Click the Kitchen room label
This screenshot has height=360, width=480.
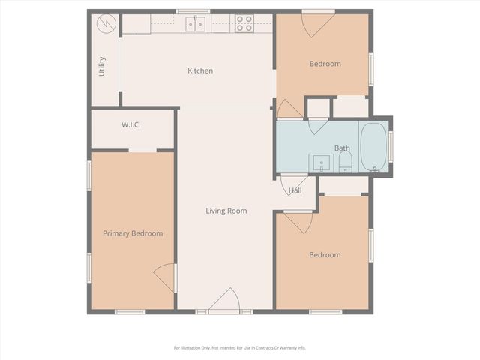(x=200, y=70)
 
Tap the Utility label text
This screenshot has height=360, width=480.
(x=102, y=66)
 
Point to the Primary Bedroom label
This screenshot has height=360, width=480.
(x=133, y=233)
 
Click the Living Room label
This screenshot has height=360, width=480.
(x=226, y=211)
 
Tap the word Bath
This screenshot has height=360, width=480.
(x=342, y=148)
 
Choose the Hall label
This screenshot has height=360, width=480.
(x=295, y=190)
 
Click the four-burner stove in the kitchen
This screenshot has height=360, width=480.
(x=244, y=23)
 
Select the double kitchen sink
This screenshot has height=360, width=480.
(x=196, y=24)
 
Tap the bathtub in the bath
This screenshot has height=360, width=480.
(x=373, y=147)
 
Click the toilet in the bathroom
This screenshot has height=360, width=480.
(x=345, y=164)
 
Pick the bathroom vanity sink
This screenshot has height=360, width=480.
(x=321, y=163)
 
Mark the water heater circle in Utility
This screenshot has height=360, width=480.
(x=107, y=23)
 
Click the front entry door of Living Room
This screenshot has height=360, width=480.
(x=225, y=301)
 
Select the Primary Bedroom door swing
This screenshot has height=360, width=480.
(x=166, y=277)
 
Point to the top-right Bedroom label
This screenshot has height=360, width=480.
(x=325, y=64)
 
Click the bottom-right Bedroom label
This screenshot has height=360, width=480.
(x=325, y=255)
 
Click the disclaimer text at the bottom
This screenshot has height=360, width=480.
(x=240, y=347)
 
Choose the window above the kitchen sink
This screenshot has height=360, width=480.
(x=193, y=11)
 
